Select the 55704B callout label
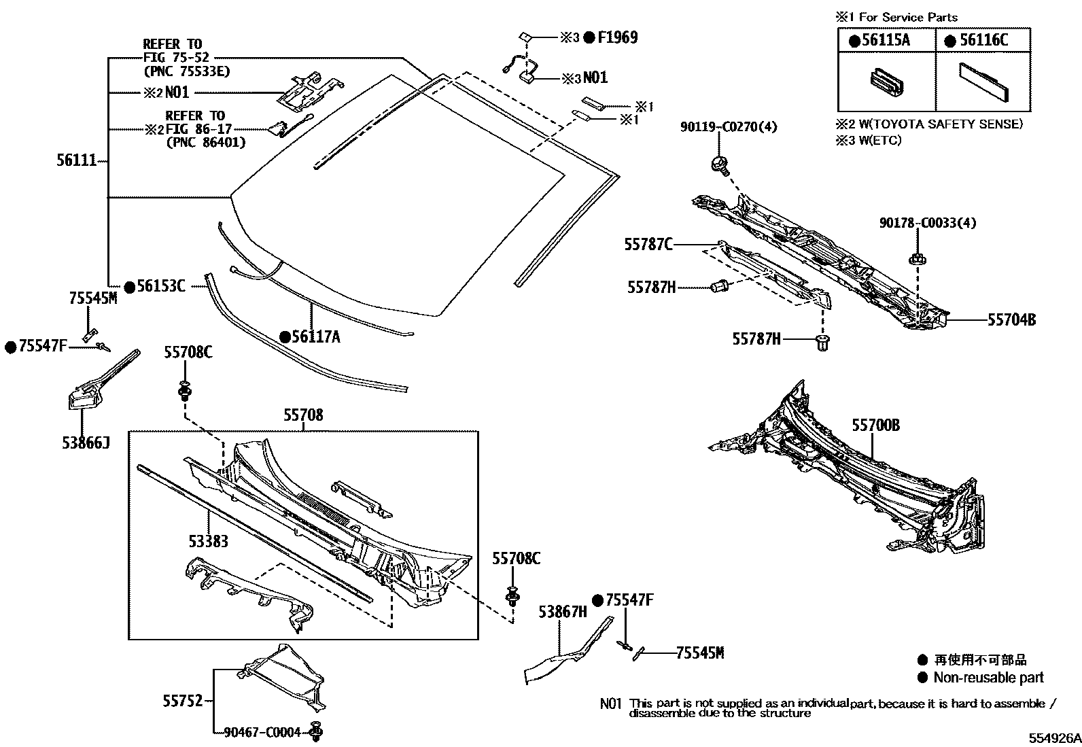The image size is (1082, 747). [x=1011, y=319]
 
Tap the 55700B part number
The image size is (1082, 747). [x=875, y=425]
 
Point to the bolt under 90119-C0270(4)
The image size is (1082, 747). [x=717, y=164]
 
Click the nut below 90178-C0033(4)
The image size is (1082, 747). [x=915, y=259]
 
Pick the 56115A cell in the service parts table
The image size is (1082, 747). [x=885, y=40]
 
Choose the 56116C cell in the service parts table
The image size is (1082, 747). [x=983, y=40]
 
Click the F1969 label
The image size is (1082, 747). [x=617, y=37]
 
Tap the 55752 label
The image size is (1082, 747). [x=182, y=700]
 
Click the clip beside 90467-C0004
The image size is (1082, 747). [x=315, y=731]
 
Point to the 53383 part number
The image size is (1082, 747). [x=208, y=541]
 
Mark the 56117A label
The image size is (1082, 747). [x=315, y=336]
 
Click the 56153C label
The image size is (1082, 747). [x=160, y=286]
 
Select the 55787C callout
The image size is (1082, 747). [x=649, y=244]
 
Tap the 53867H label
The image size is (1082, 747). [x=562, y=612]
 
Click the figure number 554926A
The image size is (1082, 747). [x=1053, y=738]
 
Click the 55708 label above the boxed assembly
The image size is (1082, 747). [x=303, y=415]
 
